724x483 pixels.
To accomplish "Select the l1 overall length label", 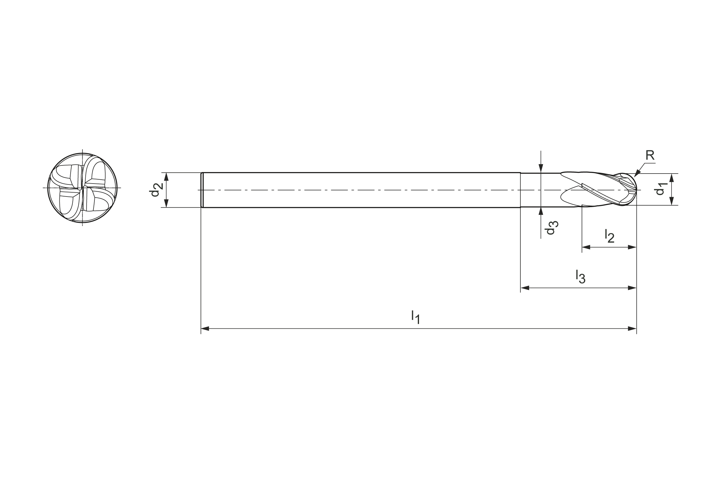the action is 416,317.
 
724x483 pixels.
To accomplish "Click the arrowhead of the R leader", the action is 637,174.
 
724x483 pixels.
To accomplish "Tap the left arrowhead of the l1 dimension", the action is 205,329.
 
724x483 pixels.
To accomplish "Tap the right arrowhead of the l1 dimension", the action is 632,329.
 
